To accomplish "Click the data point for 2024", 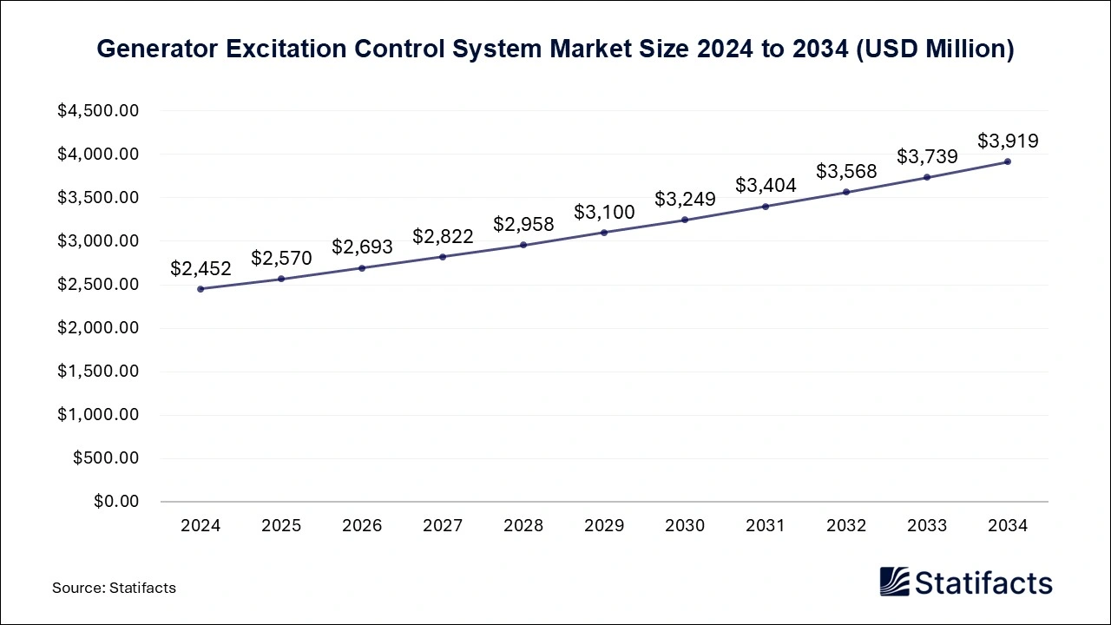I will tap(201, 289).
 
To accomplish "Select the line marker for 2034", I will tap(1008, 161).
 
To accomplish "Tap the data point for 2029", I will tap(604, 233).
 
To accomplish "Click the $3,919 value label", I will tap(1008, 141).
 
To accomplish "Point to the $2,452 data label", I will tap(201, 268).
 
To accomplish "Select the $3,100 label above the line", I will tap(604, 212).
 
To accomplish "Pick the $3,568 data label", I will tap(846, 172).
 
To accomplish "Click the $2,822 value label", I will tap(443, 236).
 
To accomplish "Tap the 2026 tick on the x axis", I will tap(362, 525).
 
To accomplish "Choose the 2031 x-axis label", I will tap(766, 525).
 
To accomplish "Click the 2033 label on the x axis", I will tap(927, 525).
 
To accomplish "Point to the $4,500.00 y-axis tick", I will tap(98, 111).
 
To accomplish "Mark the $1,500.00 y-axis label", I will tap(98, 372).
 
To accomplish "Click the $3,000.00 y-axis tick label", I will tap(98, 241).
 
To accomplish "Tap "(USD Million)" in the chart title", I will tap(935, 49).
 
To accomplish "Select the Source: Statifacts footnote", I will tap(114, 588).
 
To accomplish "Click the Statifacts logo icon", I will tap(894, 582).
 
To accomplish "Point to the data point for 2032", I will tap(846, 192).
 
